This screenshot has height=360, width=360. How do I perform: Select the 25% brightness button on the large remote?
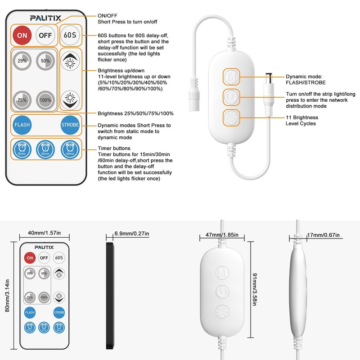(x=21, y=61)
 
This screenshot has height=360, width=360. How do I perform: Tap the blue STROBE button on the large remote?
(x=70, y=125)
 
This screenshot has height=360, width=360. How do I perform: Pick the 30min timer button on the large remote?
(x=45, y=149)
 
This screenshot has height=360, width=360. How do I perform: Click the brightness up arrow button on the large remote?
(x=70, y=62)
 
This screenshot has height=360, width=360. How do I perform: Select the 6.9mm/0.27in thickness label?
(x=131, y=234)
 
